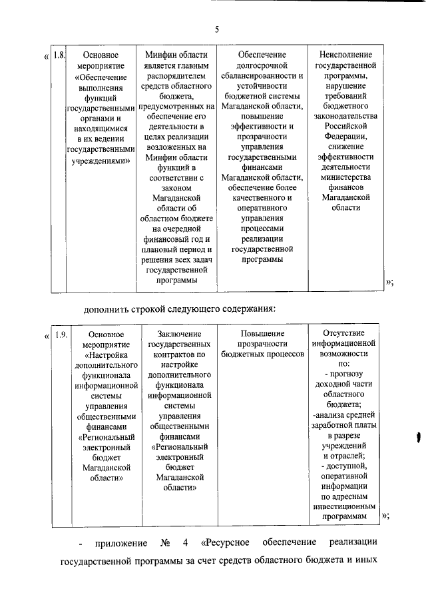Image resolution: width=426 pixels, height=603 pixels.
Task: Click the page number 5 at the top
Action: point(217,29)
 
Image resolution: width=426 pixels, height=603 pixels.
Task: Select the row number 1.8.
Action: point(59,55)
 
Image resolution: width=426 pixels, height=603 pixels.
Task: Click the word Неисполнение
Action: point(345,55)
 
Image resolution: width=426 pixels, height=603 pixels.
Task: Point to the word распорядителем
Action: point(175,76)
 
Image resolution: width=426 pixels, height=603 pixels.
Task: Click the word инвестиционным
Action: point(344,506)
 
